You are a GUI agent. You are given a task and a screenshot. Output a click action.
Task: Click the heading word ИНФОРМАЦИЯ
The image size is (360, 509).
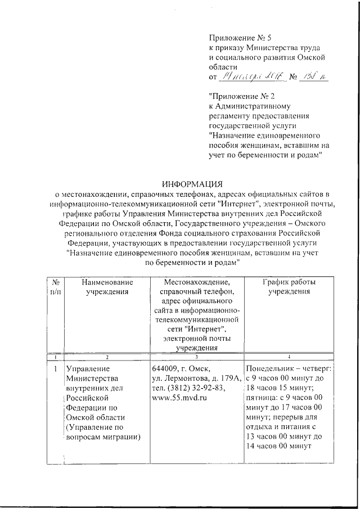click(x=192, y=184)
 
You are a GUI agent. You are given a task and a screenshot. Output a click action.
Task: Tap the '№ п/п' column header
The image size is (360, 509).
click(x=55, y=286)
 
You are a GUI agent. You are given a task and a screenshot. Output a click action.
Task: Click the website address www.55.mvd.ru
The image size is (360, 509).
click(x=179, y=397)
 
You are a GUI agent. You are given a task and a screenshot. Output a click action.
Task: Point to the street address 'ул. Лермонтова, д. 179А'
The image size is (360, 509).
click(x=197, y=378)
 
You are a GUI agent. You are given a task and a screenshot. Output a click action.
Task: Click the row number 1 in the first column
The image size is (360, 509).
click(x=55, y=369)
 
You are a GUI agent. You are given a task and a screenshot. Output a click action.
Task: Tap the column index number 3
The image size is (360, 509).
click(x=196, y=357)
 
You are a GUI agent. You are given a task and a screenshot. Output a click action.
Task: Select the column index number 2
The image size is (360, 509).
click(x=107, y=357)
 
